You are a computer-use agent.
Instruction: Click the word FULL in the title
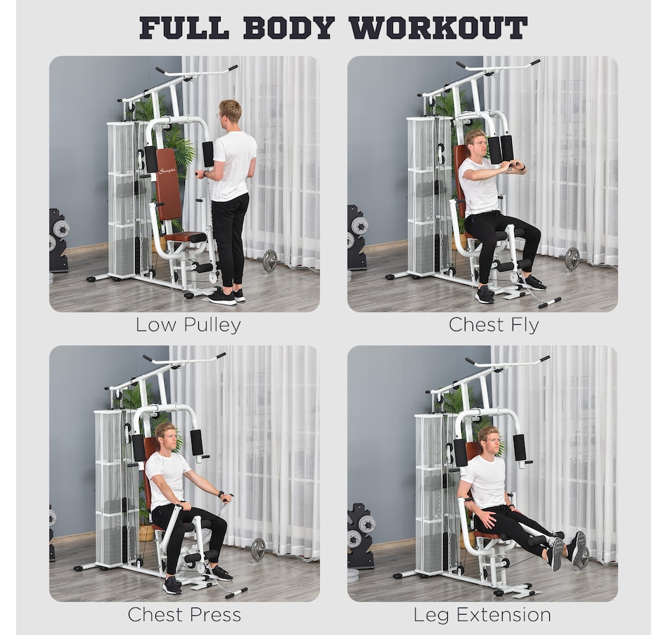point(184,27)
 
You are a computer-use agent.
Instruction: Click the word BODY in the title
point(289,27)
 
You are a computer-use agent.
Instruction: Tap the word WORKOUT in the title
point(438,27)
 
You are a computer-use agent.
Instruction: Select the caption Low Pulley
point(188,325)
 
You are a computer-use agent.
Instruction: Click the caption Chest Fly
point(494,325)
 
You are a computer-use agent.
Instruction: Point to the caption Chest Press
point(184,615)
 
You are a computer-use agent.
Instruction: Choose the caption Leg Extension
point(482,615)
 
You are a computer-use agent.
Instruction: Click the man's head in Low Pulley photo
point(229,111)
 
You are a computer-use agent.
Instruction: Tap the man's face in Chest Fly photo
point(478,143)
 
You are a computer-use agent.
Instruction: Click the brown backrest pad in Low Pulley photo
point(168,184)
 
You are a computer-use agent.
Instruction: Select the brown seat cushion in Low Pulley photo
point(185,237)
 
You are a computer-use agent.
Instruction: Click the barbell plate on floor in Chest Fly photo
point(572,258)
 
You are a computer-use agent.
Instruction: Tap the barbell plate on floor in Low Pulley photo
point(270,261)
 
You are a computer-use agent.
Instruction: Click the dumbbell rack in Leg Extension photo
point(361,534)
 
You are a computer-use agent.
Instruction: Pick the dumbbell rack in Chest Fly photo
point(358,237)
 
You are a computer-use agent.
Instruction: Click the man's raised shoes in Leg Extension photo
point(567,549)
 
